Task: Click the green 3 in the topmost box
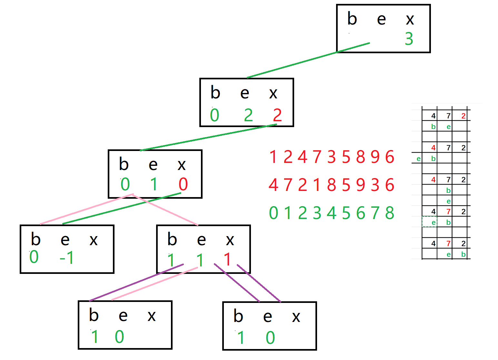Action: coord(409,39)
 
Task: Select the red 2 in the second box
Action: coord(277,115)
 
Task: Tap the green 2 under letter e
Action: coord(248,115)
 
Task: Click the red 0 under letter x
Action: coord(183,184)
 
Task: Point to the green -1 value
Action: coord(67,258)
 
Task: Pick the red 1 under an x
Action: coord(228,259)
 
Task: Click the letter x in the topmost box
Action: coord(410,19)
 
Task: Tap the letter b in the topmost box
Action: coord(352,19)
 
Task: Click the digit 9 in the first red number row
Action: coord(375,157)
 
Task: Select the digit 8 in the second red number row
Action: coord(331,185)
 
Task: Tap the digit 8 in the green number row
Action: coord(390,213)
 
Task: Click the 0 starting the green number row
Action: coord(274,213)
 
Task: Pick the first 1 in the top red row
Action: coord(273,157)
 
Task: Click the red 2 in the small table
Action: coord(463,116)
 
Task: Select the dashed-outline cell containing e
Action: coord(430,222)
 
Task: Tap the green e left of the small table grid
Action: coord(418,158)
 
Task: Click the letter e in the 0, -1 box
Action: coord(65,240)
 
